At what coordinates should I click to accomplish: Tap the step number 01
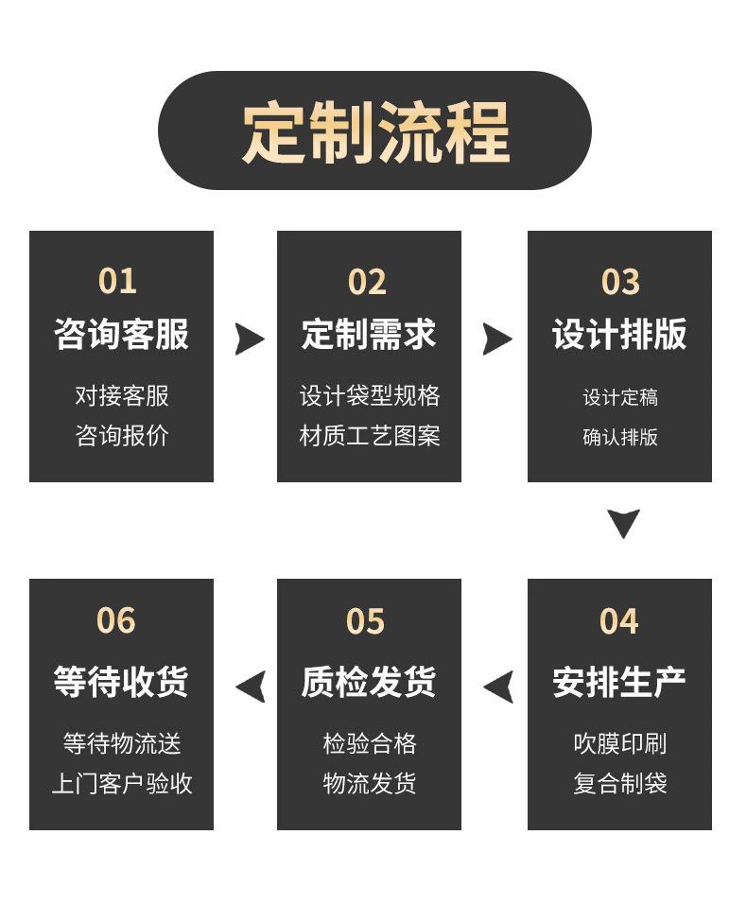coord(117,282)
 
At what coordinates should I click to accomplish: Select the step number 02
coord(367,282)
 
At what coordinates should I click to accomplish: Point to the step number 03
coord(620,282)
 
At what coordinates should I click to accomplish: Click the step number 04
coord(619,621)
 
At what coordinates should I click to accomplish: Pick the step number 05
coord(366,621)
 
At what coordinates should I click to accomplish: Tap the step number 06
coord(116,621)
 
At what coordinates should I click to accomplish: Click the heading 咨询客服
coord(121,335)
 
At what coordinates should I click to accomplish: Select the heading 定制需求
coord(369,335)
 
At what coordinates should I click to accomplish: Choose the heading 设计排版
coord(619,335)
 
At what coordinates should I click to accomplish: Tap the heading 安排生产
coord(619,682)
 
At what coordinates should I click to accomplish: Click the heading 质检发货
coord(369,682)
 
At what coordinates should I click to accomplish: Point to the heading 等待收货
coord(121,682)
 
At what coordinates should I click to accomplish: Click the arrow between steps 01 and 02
coord(248,339)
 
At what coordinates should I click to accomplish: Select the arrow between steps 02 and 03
coord(495,339)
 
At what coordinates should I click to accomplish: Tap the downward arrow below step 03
coord(623,522)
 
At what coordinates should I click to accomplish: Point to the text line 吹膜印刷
coord(620,744)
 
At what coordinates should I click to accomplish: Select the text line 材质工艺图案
coord(370,436)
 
